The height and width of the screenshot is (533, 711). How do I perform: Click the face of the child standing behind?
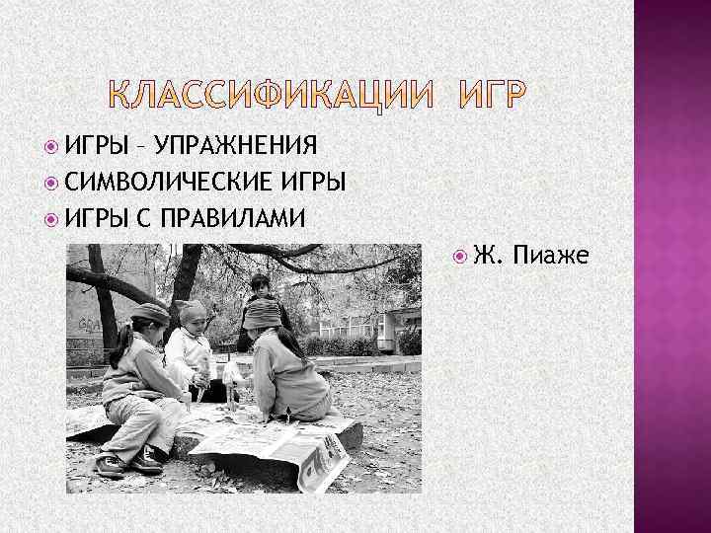pos(260,289)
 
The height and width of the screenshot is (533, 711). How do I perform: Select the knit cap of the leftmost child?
pos(150,313)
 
